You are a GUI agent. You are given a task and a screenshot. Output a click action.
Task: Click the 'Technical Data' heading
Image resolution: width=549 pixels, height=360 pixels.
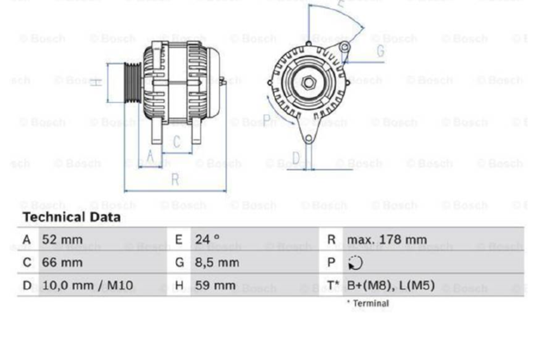coord(71,217)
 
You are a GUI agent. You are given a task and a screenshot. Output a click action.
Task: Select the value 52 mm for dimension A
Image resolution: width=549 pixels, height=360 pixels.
coord(62,240)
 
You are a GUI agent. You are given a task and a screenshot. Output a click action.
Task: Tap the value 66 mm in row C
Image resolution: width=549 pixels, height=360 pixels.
coord(62,262)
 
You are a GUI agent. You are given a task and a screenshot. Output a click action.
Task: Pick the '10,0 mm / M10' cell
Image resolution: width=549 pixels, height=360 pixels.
coord(87,285)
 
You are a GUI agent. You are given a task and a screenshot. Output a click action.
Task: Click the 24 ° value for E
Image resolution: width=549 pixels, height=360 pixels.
coord(207,240)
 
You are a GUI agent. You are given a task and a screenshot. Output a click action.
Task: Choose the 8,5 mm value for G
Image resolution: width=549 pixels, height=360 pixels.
coord(217,262)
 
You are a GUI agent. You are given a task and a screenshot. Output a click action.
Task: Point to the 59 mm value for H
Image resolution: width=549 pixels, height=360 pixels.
coord(215,285)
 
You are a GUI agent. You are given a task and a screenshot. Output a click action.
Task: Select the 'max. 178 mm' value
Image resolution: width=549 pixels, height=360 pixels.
coord(386,240)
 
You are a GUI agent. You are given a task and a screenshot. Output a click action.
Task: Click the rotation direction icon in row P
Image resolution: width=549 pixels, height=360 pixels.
coord(355,263)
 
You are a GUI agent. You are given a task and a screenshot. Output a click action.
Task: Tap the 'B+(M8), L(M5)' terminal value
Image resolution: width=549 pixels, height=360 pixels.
coord(391,285)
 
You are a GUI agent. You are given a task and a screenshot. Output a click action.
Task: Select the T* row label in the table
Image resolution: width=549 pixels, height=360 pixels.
coord(333,285)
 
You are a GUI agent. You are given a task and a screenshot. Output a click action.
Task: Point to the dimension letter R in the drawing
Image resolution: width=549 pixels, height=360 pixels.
coord(175,180)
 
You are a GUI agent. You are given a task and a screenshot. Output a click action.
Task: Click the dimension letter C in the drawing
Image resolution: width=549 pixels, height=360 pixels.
coord(177,142)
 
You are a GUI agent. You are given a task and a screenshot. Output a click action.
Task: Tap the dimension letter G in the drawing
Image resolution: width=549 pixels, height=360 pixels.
coord(381,51)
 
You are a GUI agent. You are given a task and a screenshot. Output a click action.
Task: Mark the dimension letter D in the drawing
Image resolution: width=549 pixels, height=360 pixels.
coord(296,158)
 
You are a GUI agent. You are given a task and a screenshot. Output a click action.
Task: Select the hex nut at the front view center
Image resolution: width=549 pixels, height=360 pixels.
coord(308,82)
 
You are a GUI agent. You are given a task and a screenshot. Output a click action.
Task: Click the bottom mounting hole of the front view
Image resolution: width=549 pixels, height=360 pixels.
coord(309,139)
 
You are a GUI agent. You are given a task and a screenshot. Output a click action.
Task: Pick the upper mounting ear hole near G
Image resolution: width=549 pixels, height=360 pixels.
coord(344,47)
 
